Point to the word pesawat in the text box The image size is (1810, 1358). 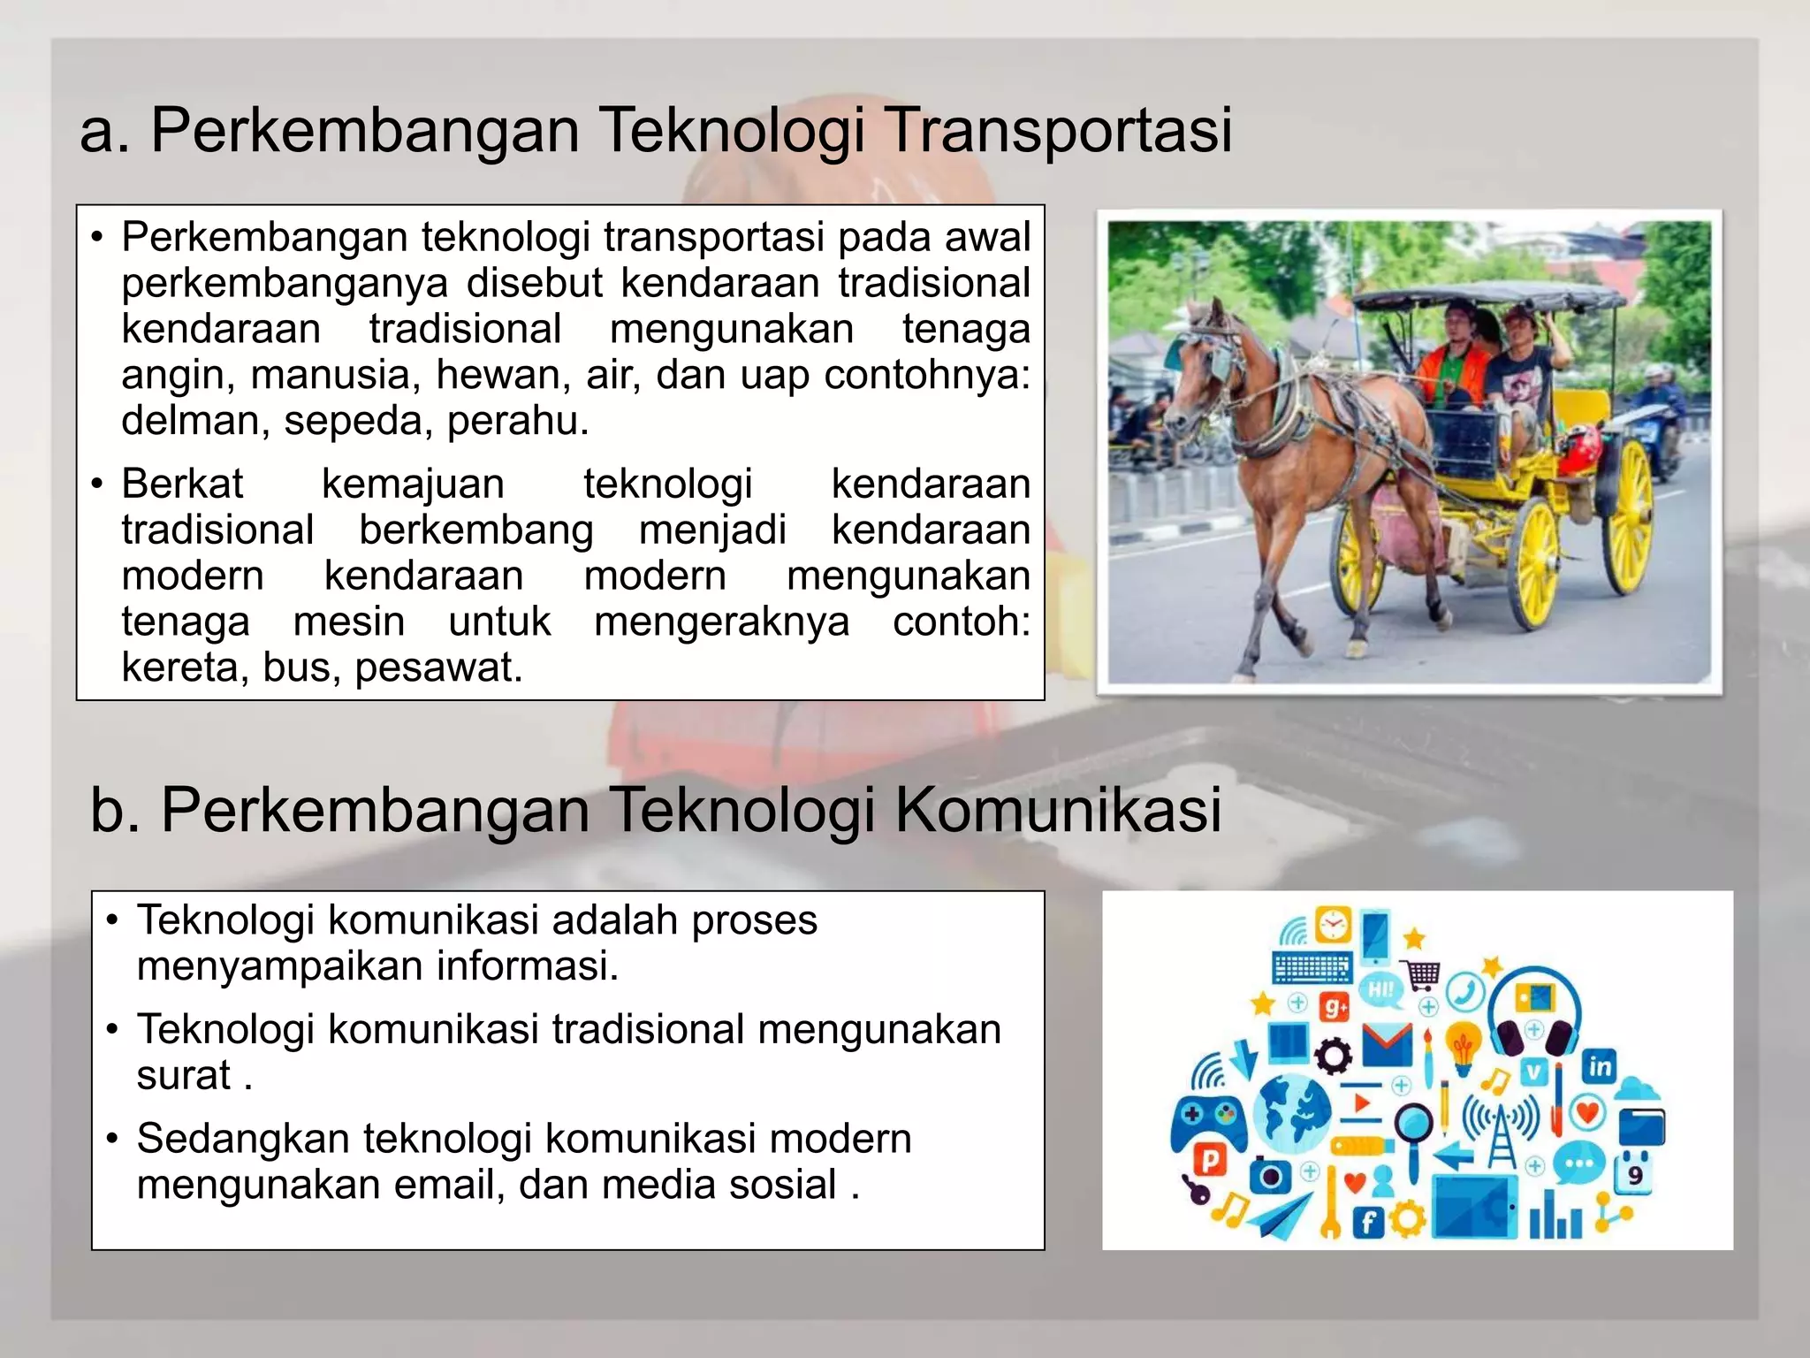[438, 668]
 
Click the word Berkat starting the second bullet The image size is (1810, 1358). [182, 484]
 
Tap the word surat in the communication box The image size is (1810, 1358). [183, 1076]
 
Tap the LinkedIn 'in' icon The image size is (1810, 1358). [1600, 1066]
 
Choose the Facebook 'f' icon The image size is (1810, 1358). [1368, 1223]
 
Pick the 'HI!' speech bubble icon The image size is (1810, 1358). [1380, 989]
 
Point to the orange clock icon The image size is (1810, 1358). [1333, 925]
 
